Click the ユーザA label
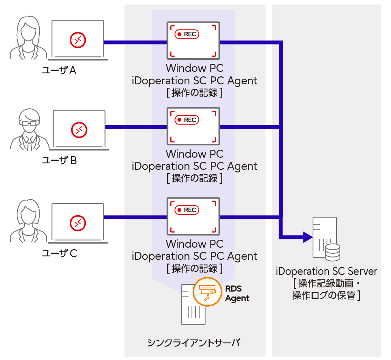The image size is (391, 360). [59, 70]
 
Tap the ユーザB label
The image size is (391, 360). [59, 161]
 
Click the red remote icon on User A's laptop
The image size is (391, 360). [78, 40]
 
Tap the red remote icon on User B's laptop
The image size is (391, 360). [79, 130]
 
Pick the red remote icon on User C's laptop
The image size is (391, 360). [78, 223]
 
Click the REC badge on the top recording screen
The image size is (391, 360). [187, 34]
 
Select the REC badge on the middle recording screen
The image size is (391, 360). [187, 120]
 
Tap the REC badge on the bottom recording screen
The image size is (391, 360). [187, 210]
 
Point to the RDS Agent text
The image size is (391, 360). [237, 293]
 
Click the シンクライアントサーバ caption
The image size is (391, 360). [194, 343]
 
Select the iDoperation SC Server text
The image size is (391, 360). [327, 272]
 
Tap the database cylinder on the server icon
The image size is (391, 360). [333, 252]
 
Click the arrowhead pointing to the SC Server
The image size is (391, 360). [307, 237]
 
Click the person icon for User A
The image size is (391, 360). [28, 38]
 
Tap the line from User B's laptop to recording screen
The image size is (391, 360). [136, 127]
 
